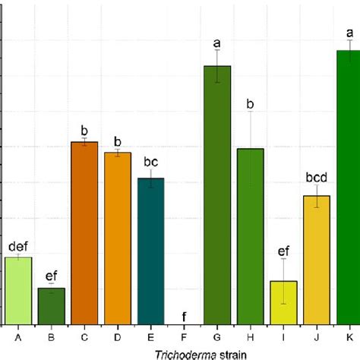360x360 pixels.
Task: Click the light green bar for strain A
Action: (18, 292)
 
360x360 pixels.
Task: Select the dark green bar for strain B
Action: (52, 307)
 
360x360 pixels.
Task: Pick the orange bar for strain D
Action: (118, 239)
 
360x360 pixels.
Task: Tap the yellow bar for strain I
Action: (283, 303)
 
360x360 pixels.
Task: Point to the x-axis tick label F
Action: (184, 335)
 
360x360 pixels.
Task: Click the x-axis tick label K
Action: (350, 335)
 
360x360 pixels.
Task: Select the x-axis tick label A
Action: (18, 335)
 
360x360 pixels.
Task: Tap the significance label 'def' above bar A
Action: (18, 246)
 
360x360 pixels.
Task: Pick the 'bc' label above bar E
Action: (150, 162)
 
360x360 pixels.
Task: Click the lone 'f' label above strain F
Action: (184, 317)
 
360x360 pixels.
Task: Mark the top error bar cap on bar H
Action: (251, 111)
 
